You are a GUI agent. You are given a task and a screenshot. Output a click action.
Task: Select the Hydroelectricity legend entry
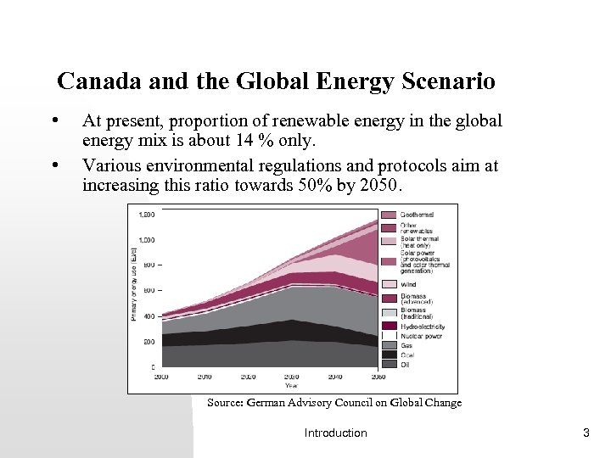point(422,326)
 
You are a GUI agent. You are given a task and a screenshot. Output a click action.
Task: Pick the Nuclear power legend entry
point(420,336)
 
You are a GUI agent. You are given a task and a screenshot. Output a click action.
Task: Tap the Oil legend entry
point(405,364)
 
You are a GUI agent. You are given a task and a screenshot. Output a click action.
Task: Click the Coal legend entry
point(406,355)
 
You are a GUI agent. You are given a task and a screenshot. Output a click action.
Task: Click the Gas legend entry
point(406,345)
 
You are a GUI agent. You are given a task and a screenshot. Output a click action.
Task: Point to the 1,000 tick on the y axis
point(145,240)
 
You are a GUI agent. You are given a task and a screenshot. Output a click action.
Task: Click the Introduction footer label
point(335,433)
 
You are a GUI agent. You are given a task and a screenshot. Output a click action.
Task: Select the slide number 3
point(586,433)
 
